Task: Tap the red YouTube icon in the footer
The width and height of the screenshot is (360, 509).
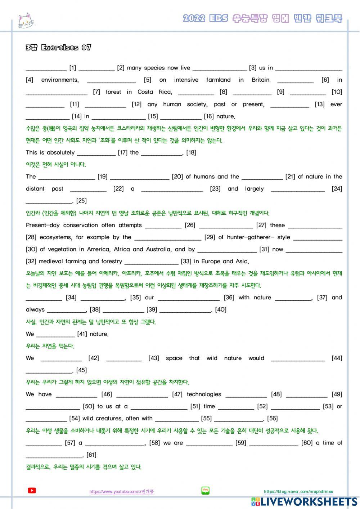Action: point(32,490)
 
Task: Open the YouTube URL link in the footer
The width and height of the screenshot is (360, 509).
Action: point(121,492)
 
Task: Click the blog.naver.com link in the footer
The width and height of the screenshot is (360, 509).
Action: point(298,492)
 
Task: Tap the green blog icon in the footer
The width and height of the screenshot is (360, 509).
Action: point(206,490)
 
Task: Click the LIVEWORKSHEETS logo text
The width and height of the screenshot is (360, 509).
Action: point(309,502)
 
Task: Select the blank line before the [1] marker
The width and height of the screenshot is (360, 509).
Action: point(46,68)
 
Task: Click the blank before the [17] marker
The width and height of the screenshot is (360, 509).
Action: point(96,153)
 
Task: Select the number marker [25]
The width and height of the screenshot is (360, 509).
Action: point(81,201)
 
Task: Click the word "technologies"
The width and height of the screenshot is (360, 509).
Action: point(204,394)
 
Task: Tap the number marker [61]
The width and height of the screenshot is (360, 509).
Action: point(91,455)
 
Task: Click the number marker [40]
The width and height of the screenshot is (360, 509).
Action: point(220,309)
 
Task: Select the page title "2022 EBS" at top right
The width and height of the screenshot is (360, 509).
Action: point(205,18)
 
